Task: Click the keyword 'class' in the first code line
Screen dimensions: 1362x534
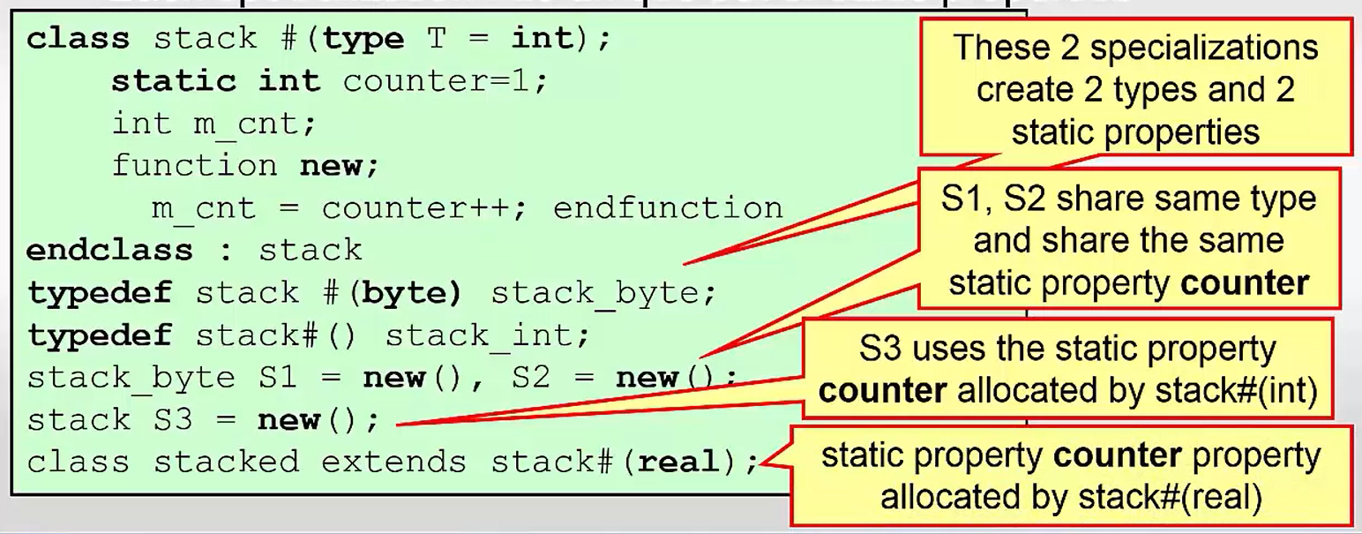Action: [x=78, y=39]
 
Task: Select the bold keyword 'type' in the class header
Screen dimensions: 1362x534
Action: [x=363, y=40]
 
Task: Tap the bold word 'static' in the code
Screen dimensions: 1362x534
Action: [x=174, y=81]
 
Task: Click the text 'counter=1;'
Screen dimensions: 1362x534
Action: [x=445, y=81]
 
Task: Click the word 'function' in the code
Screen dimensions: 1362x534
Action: [x=195, y=165]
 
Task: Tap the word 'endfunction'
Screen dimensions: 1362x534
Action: [x=668, y=208]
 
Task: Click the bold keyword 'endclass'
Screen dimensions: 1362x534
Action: [x=109, y=250]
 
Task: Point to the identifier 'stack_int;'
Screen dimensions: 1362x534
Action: [x=488, y=335]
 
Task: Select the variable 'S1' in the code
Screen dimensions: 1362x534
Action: [x=278, y=377]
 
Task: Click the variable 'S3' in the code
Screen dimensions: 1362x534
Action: [x=173, y=419]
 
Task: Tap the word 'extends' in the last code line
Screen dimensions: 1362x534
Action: [x=394, y=462]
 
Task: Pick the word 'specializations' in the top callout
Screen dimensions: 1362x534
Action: [x=1203, y=49]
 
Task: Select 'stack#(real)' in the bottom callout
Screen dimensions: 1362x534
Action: [x=1170, y=498]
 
